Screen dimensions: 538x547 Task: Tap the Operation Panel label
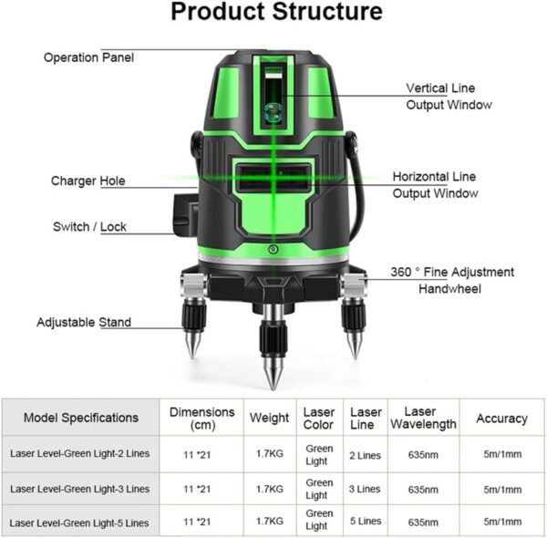pos(89,57)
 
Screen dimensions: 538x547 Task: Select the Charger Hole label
pos(88,181)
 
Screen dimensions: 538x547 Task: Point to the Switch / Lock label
pos(88,227)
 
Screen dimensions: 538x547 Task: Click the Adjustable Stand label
pos(84,322)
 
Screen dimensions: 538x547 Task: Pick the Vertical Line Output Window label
pos(449,97)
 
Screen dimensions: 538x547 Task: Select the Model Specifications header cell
pos(81,418)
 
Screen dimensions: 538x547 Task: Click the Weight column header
pos(270,418)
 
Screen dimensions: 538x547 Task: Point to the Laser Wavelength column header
pos(423,418)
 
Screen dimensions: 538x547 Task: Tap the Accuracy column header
pos(501,418)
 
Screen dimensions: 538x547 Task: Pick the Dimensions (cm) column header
pos(201,419)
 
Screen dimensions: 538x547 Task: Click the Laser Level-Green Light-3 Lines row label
pos(81,489)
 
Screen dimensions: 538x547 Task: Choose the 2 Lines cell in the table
pos(366,452)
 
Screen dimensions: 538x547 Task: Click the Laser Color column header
pos(319,419)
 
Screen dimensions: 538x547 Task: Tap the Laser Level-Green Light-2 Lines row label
pos(81,452)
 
